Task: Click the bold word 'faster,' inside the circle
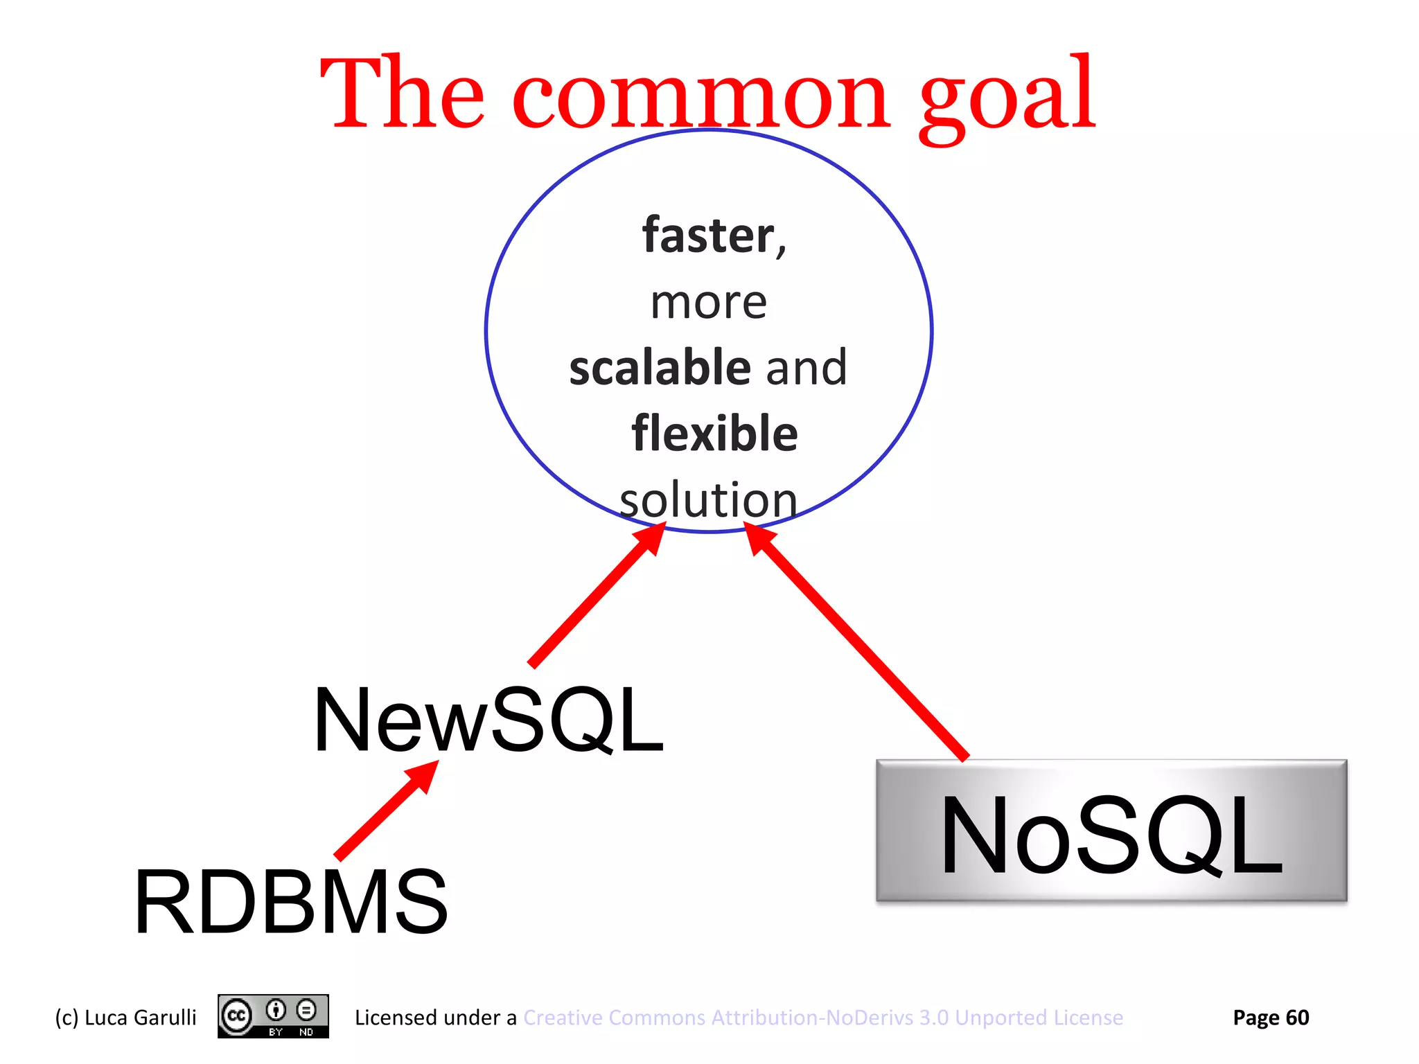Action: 714,236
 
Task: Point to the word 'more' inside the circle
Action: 709,303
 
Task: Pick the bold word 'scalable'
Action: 660,367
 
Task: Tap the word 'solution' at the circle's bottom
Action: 708,500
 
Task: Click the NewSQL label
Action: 488,720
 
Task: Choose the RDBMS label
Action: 291,903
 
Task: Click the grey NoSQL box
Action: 1111,831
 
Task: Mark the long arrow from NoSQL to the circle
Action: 859,644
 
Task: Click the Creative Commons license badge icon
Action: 273,1016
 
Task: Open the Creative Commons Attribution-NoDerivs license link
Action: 822,1018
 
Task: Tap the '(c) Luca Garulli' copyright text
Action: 125,1018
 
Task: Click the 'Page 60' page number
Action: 1270,1018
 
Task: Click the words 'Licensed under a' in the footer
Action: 435,1018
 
